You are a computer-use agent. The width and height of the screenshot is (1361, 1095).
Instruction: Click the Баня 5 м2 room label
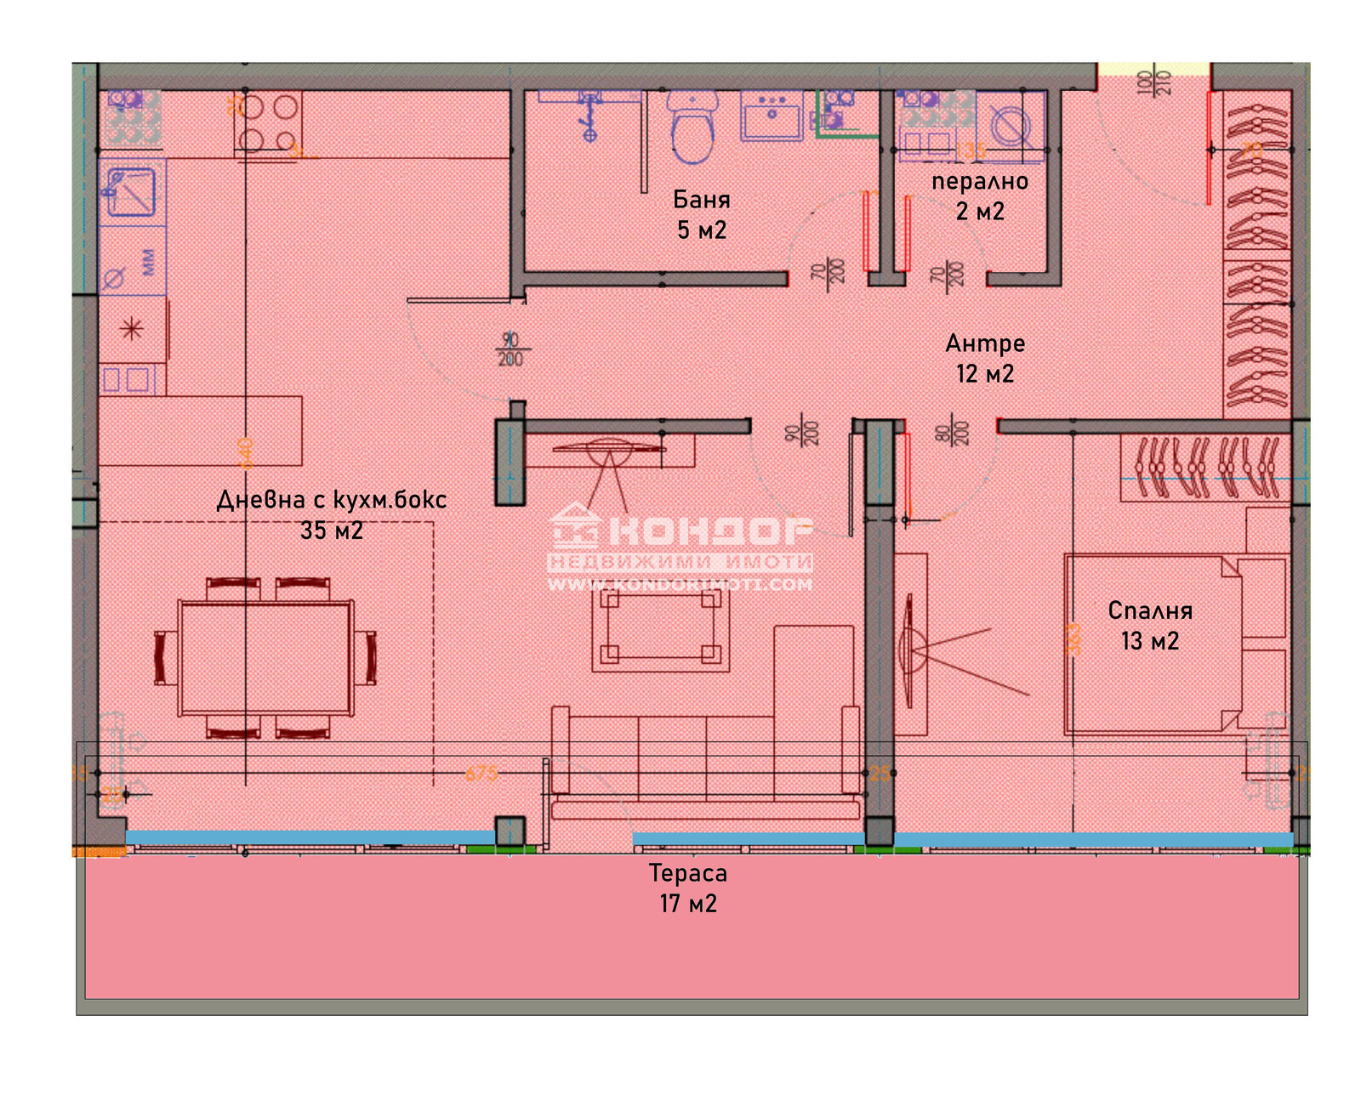(702, 214)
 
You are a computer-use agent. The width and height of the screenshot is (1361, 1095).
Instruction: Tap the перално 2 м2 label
(980, 196)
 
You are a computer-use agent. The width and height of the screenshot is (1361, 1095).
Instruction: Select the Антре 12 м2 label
(985, 358)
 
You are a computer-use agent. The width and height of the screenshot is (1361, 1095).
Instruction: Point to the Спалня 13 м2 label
(1150, 625)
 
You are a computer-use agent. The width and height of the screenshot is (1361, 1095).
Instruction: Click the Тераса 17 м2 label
(688, 888)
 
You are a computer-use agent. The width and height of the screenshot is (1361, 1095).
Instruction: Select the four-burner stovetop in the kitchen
(267, 122)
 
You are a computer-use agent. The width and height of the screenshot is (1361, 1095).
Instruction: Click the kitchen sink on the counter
(131, 191)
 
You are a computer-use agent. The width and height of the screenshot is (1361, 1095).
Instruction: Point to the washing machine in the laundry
(1011, 126)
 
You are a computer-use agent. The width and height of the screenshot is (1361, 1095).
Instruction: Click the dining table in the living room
(265, 657)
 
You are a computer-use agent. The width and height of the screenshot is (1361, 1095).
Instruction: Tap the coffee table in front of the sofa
(661, 627)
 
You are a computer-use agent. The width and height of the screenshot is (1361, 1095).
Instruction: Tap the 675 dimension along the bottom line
(481, 773)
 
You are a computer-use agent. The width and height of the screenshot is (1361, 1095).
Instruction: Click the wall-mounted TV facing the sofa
(608, 447)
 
